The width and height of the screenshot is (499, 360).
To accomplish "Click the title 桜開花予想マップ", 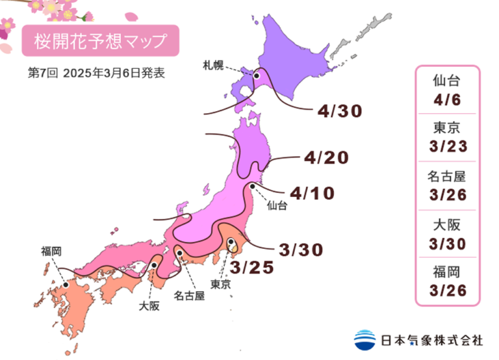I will click(100, 41).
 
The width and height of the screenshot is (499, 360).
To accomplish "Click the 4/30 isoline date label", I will click(339, 111).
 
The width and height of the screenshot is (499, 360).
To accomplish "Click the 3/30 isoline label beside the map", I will click(300, 249).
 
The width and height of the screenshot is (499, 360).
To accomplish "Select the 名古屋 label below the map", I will click(188, 296).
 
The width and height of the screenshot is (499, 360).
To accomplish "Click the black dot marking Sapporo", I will click(257, 76).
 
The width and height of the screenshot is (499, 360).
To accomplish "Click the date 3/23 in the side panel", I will click(446, 147).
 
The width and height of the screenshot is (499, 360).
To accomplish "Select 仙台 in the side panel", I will click(446, 81).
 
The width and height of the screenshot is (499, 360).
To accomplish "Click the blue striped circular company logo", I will click(365, 339).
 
